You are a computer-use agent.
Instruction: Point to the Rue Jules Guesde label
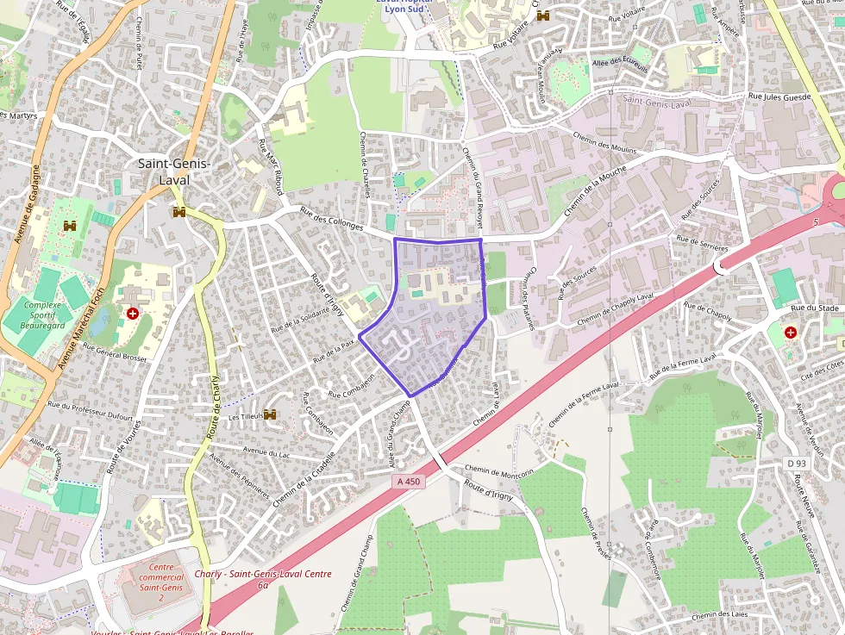(x=779, y=97)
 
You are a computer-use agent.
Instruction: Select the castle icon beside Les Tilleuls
(x=271, y=415)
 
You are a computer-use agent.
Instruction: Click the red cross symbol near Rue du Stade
(x=790, y=332)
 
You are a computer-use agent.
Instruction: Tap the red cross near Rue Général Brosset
(x=132, y=314)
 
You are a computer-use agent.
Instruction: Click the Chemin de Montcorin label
(x=499, y=470)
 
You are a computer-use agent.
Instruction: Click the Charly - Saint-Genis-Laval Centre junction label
(x=263, y=575)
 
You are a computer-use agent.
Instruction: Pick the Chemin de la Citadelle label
(x=303, y=480)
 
